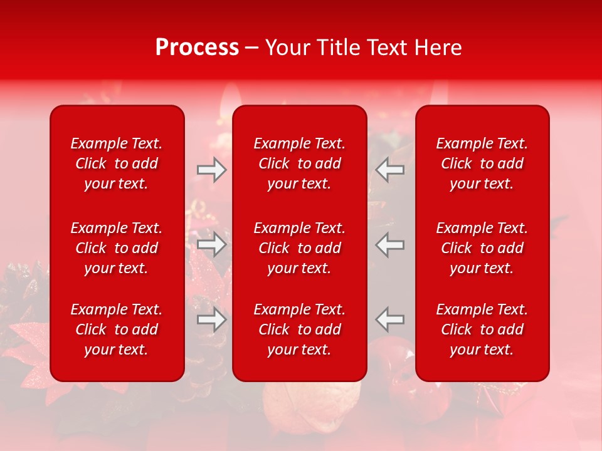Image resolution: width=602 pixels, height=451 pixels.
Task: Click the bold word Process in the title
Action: click(197, 48)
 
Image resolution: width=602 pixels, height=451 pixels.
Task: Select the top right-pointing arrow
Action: click(211, 170)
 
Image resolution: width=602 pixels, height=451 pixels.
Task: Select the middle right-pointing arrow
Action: click(211, 244)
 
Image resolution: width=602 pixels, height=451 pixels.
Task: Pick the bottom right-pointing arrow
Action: click(211, 319)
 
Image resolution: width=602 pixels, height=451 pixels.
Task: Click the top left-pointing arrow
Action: click(390, 170)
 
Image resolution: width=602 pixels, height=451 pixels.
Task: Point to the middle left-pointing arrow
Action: click(390, 244)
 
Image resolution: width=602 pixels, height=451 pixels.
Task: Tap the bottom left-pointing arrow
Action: click(390, 319)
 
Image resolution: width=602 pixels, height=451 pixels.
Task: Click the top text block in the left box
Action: click(117, 163)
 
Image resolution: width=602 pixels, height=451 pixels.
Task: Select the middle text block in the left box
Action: click(117, 248)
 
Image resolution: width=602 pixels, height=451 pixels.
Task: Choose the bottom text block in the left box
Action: click(117, 329)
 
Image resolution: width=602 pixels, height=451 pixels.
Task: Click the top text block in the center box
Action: click(300, 163)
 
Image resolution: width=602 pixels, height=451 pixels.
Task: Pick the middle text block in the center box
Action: click(300, 248)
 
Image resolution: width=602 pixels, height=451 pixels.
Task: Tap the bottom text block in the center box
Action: click(300, 329)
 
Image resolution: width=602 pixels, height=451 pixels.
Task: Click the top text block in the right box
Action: click(482, 163)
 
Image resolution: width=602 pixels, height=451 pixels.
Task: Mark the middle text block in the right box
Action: click(482, 248)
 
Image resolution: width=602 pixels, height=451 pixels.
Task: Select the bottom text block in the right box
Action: click(482, 329)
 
